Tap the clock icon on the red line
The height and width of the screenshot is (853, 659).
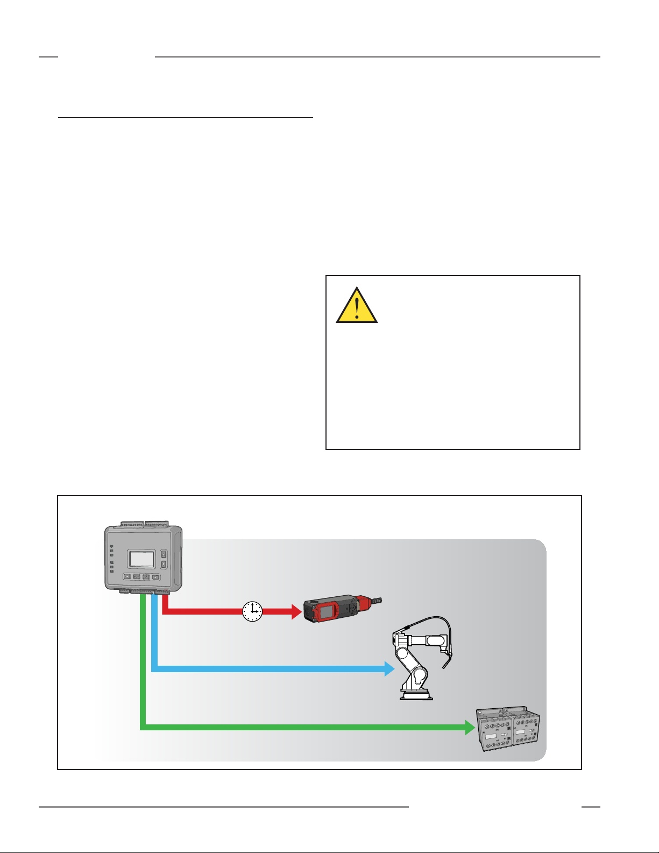[x=252, y=611]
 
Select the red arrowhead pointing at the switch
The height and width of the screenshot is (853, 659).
[x=295, y=611]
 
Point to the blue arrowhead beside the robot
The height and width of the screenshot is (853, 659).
[x=389, y=669]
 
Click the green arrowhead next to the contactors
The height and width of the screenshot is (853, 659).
[x=470, y=728]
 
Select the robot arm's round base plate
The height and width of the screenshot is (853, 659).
[x=416, y=696]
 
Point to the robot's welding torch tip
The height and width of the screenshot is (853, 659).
[x=445, y=666]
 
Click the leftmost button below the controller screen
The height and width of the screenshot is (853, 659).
[x=127, y=577]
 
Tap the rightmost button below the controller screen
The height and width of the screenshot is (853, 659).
[x=155, y=577]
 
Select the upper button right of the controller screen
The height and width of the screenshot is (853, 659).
[x=164, y=554]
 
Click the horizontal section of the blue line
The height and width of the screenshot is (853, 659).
[x=269, y=669]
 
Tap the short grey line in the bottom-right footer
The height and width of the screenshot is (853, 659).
[x=590, y=807]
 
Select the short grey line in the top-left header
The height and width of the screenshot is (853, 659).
[x=48, y=57]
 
